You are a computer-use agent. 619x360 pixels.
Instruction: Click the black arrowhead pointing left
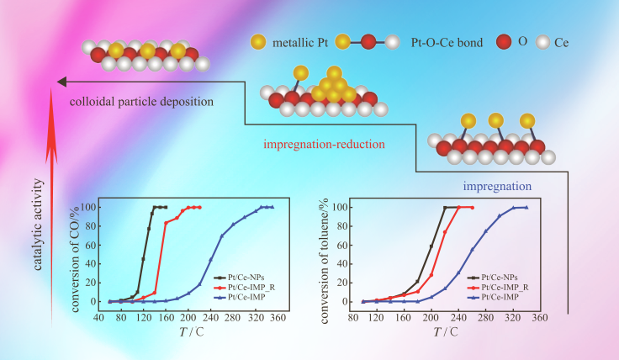[x=61, y=82]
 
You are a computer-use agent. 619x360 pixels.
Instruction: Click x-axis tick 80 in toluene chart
[x=349, y=318]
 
